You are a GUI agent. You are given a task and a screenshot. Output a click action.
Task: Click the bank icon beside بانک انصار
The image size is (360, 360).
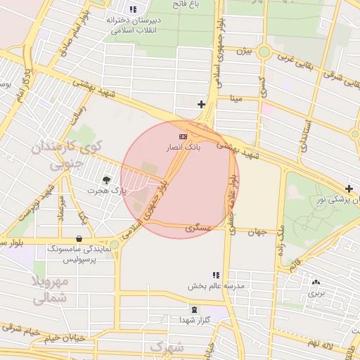click(x=184, y=136)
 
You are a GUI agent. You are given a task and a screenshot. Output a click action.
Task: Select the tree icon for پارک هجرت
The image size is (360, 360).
click(x=107, y=180)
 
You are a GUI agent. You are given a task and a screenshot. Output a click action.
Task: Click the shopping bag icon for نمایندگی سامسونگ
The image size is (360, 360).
click(x=78, y=238)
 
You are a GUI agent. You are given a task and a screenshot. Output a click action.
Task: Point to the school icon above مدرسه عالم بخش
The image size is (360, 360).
click(x=215, y=275)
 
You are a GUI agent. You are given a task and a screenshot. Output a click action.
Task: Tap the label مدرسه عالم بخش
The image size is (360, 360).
click(x=215, y=287)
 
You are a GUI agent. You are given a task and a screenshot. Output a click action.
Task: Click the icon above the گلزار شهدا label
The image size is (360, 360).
click(x=195, y=309)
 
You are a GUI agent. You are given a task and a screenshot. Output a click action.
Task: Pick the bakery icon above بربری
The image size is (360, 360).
click(x=316, y=283)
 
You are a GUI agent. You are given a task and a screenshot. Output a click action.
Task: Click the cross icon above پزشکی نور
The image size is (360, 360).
click(x=349, y=188)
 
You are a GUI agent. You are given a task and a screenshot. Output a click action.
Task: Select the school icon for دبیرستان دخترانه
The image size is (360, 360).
click(x=134, y=9)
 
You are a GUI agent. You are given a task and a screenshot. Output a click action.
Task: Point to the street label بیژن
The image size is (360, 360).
click(x=243, y=51)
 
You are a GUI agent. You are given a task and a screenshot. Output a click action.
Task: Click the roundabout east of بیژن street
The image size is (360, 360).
click(x=264, y=51)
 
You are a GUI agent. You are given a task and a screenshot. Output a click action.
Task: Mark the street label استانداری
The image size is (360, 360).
click(x=304, y=134)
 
